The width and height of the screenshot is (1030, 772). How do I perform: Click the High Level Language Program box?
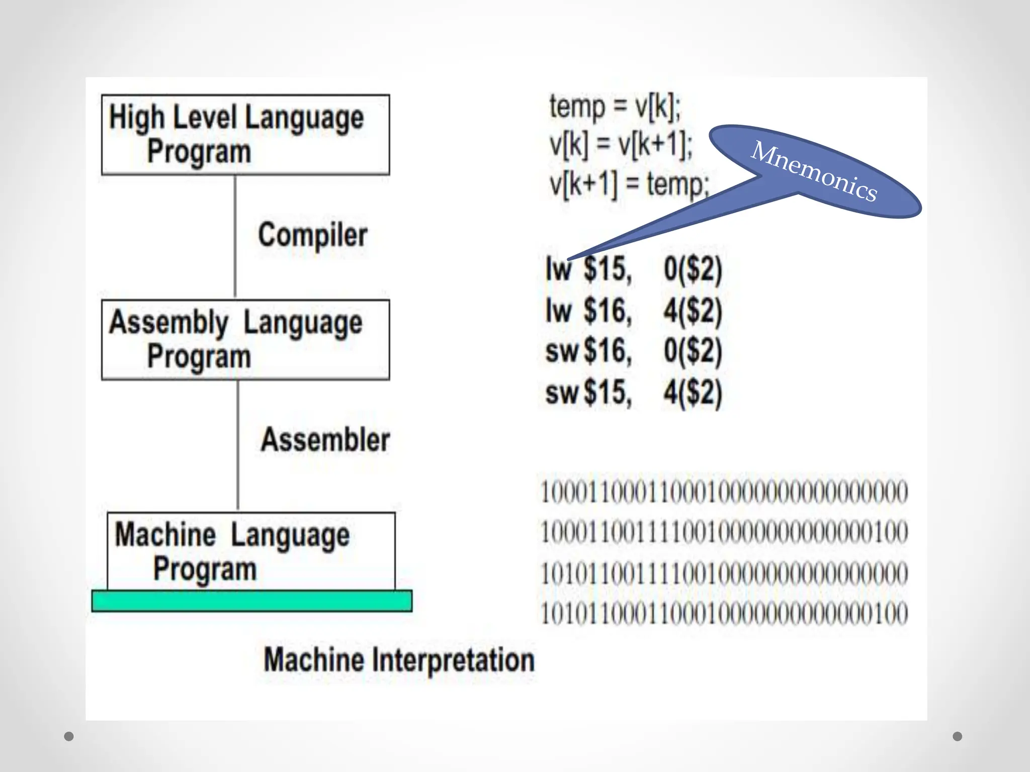click(245, 135)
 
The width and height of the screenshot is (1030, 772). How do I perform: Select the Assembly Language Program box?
click(245, 340)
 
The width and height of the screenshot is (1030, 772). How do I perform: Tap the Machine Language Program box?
click(251, 551)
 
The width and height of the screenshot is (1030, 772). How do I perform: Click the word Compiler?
click(312, 235)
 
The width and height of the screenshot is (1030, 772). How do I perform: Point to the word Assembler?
click(325, 440)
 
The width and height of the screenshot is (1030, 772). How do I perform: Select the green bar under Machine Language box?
click(251, 601)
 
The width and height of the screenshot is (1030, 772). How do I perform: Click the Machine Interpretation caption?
click(399, 660)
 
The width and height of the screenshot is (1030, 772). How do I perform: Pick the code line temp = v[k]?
click(615, 107)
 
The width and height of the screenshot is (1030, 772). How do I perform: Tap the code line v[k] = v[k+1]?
click(621, 145)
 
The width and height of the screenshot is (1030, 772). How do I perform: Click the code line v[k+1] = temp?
click(629, 184)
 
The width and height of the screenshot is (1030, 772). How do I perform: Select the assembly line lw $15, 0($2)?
click(634, 269)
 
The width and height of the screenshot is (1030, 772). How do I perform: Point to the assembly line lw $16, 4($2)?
click(634, 311)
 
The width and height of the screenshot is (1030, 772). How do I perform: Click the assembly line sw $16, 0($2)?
click(634, 351)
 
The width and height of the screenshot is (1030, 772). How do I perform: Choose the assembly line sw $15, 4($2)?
click(634, 393)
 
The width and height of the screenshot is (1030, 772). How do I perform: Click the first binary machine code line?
click(724, 492)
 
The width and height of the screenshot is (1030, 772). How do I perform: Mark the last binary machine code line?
click(724, 614)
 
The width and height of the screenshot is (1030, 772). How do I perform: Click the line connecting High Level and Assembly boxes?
click(235, 236)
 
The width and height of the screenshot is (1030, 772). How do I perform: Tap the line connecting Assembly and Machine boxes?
click(238, 445)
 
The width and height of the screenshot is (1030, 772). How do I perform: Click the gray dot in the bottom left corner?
click(69, 736)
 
